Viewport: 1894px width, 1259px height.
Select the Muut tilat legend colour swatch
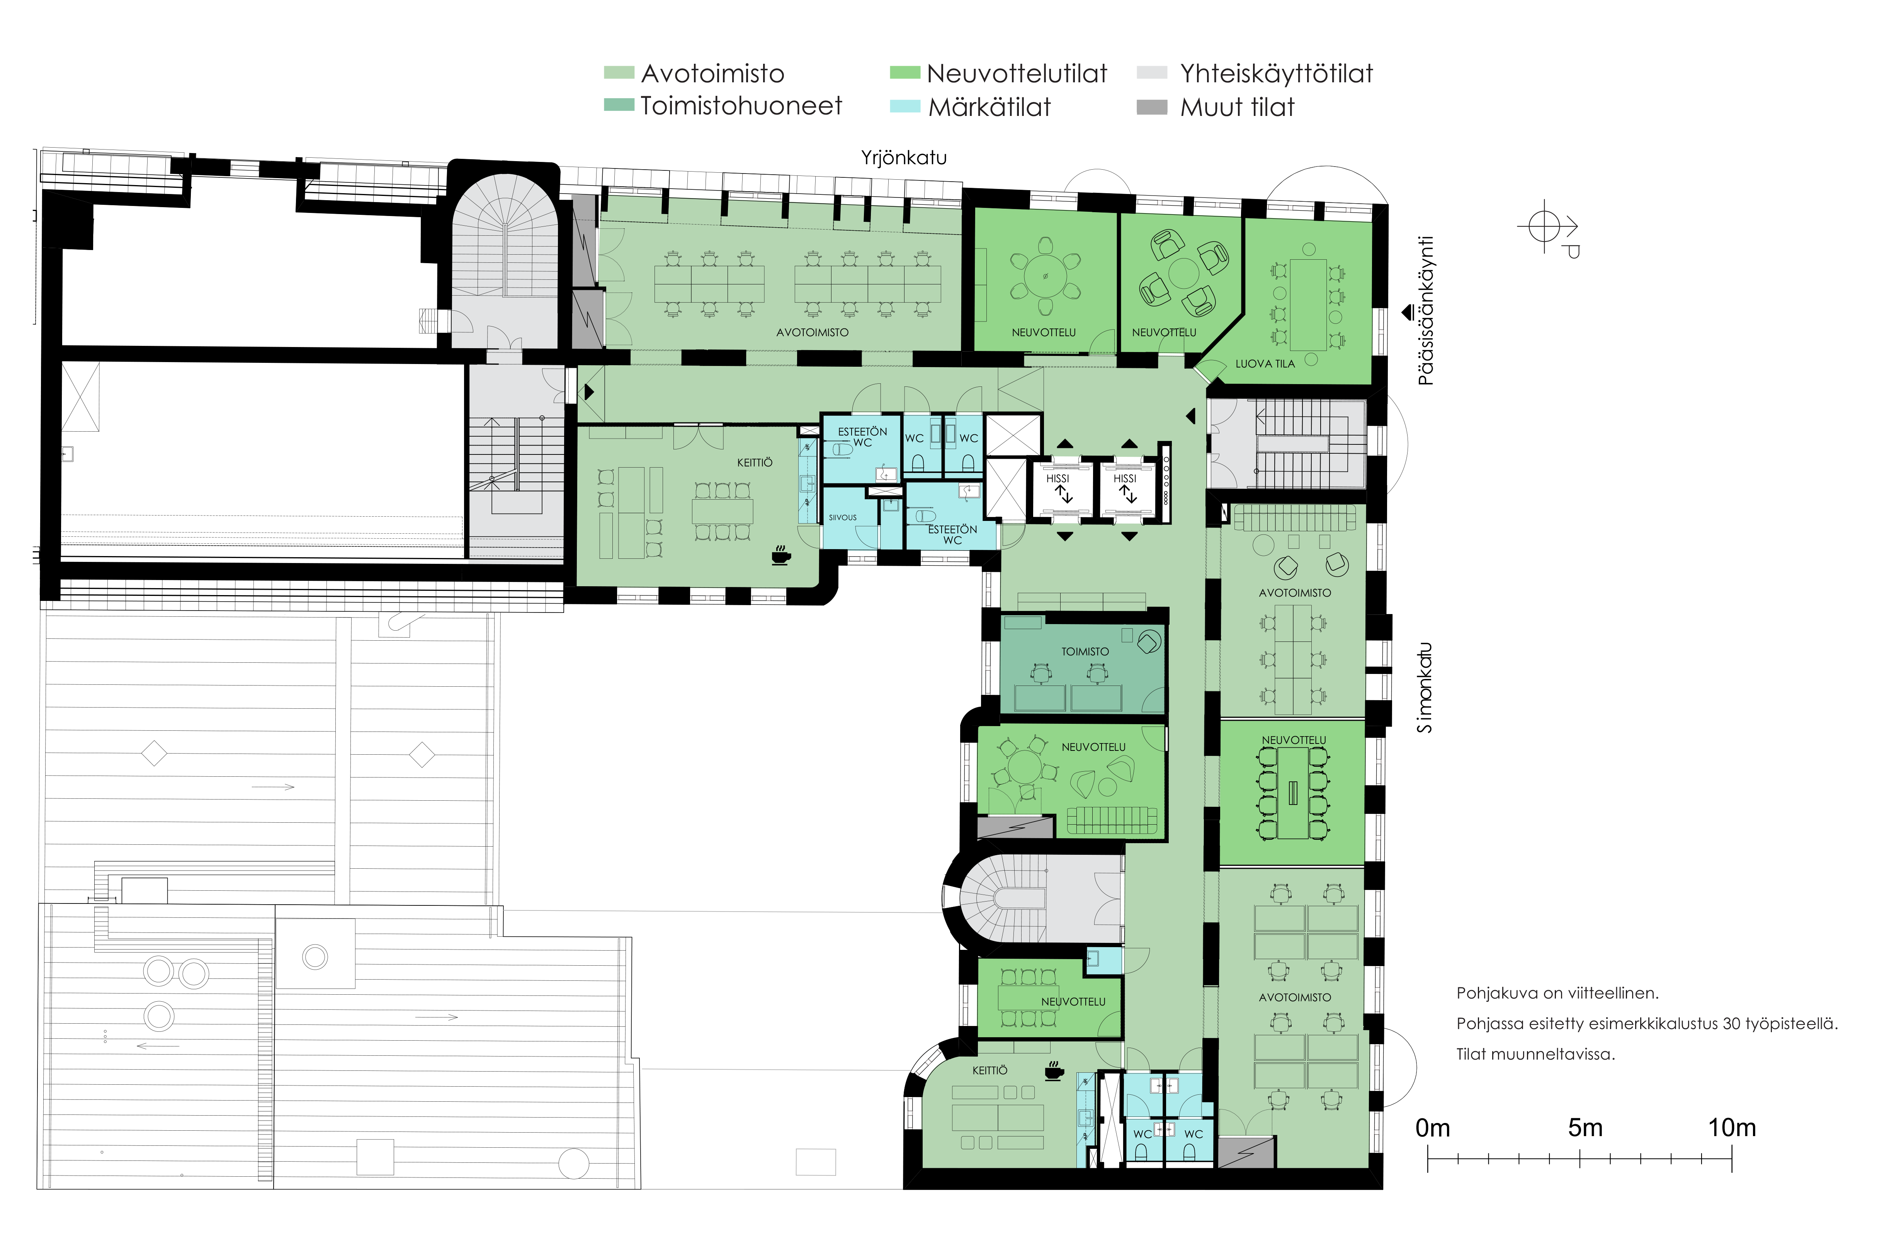[x=1152, y=107]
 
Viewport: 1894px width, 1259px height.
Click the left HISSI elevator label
[x=1058, y=478]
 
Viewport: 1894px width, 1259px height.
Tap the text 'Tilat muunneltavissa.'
[x=1535, y=1054]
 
